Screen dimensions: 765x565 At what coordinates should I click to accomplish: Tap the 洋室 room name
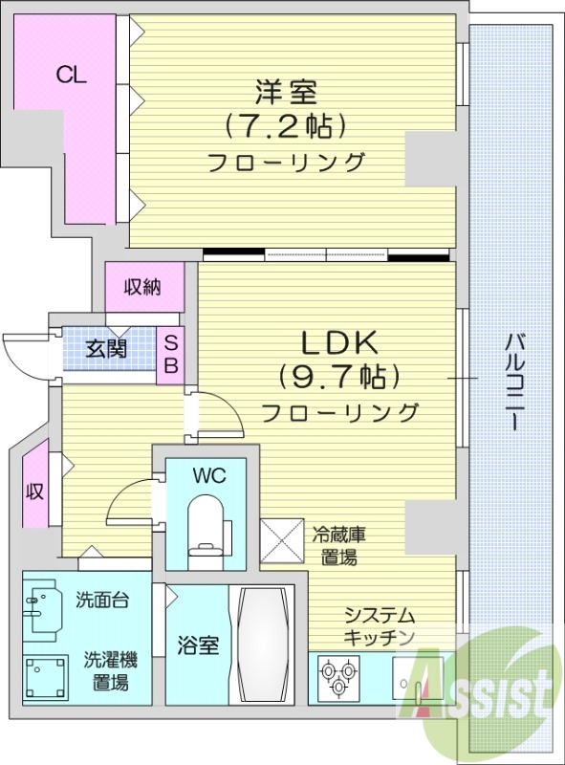(286, 93)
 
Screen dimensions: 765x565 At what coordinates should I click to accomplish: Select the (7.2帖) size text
(286, 125)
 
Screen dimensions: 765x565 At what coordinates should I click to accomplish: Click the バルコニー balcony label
(513, 382)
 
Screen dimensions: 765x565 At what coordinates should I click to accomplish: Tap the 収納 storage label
(142, 286)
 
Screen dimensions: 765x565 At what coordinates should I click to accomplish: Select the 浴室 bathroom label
(199, 645)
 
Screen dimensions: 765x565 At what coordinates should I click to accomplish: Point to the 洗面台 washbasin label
(102, 601)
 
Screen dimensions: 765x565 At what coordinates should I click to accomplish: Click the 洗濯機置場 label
(111, 670)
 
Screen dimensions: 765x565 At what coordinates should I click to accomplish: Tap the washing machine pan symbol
(47, 676)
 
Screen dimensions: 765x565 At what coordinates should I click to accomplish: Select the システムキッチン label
(380, 625)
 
